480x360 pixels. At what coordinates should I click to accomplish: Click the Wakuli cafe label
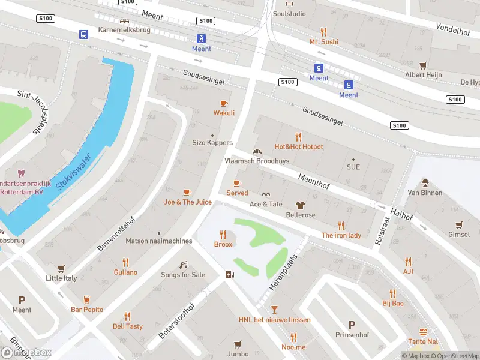[x=224, y=113]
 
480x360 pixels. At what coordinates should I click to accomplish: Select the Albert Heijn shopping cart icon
[x=424, y=65]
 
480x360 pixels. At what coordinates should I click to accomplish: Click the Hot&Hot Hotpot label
[x=298, y=147]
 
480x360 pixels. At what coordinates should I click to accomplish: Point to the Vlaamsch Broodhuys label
[x=257, y=161]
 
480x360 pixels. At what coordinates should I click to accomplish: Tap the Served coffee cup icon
[x=237, y=183]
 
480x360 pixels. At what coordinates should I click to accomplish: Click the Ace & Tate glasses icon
[x=266, y=194]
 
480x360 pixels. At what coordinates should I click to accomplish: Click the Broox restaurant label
[x=223, y=245]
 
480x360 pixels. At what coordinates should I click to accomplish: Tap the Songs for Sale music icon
[x=184, y=265]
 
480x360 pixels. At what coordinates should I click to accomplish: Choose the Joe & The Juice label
[x=188, y=202]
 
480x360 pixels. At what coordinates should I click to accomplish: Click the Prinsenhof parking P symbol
[x=352, y=325]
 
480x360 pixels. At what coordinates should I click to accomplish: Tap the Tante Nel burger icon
[x=424, y=332]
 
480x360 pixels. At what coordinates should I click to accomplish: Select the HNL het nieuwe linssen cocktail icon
[x=274, y=310]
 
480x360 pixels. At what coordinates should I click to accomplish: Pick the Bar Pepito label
[x=87, y=310]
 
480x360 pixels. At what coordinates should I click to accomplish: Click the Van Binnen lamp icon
[x=425, y=182]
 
